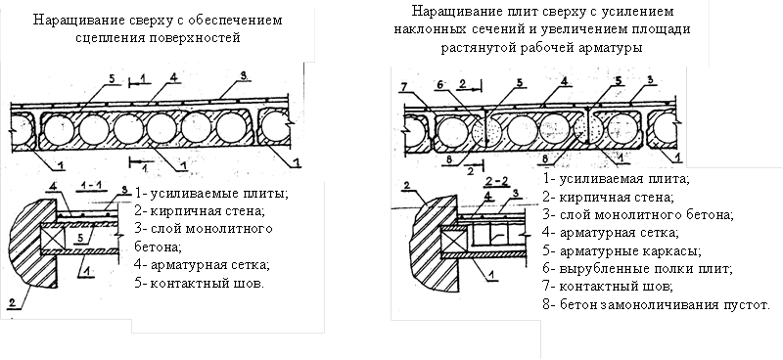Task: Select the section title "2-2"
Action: [x=497, y=181]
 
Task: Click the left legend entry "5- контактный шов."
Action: [x=200, y=284]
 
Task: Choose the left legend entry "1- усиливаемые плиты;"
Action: [x=211, y=193]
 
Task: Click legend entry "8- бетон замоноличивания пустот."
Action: [x=656, y=304]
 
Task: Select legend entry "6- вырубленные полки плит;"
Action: [x=638, y=269]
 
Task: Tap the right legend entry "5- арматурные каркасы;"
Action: [x=622, y=250]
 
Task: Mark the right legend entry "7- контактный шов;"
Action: [x=608, y=287]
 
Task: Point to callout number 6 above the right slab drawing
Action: [x=439, y=85]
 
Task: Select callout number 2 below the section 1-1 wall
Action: [x=11, y=301]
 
